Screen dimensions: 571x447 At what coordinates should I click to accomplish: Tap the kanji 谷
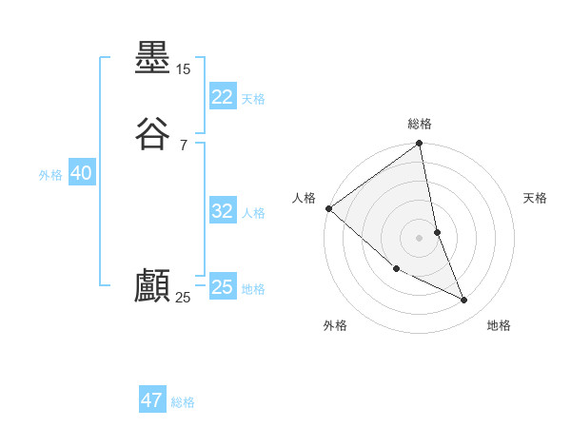pos(152,134)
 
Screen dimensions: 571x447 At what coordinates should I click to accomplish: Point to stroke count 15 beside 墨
pos(183,69)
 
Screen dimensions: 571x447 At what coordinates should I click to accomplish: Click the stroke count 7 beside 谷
pos(183,145)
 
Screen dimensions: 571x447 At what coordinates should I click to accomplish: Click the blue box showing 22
pos(222,97)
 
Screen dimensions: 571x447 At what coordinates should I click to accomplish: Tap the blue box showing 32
pos(222,211)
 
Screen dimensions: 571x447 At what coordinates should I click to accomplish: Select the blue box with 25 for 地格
pos(222,287)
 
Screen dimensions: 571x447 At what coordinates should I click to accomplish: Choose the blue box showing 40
pos(81,173)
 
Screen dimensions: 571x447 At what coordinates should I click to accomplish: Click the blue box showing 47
pos(152,400)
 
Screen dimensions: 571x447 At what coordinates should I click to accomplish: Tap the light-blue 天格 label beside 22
pos(253,99)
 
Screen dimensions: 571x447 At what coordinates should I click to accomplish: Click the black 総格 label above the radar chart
pos(420,124)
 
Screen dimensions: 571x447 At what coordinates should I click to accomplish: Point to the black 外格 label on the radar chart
pos(335,325)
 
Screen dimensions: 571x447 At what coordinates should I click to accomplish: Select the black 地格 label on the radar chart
pos(500,325)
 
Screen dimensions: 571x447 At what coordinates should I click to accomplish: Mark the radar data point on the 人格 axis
pos(328,208)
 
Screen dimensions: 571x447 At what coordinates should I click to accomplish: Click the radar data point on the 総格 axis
pos(420,145)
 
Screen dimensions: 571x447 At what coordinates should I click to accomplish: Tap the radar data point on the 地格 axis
pos(464,300)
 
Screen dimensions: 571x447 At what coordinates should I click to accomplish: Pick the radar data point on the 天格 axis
pos(438,231)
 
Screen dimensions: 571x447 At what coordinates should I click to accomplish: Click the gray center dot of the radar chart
pos(420,237)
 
